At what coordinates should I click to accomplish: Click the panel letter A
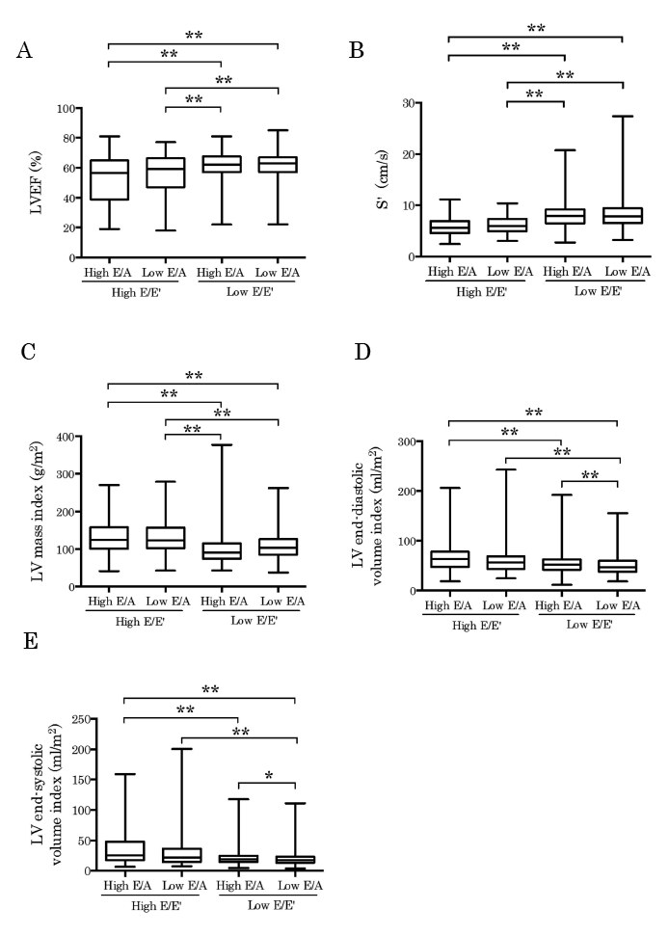pos(27,50)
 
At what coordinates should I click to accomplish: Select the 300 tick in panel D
pos(409,442)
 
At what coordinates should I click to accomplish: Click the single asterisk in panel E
pos(268,776)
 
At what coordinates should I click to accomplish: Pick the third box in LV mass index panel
pos(222,550)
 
